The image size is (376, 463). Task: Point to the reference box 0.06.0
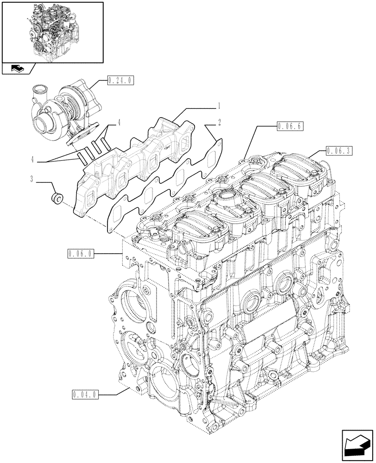click(80, 253)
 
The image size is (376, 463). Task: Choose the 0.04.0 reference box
click(86, 395)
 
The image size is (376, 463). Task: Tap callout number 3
click(32, 178)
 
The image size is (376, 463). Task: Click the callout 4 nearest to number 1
click(119, 123)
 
